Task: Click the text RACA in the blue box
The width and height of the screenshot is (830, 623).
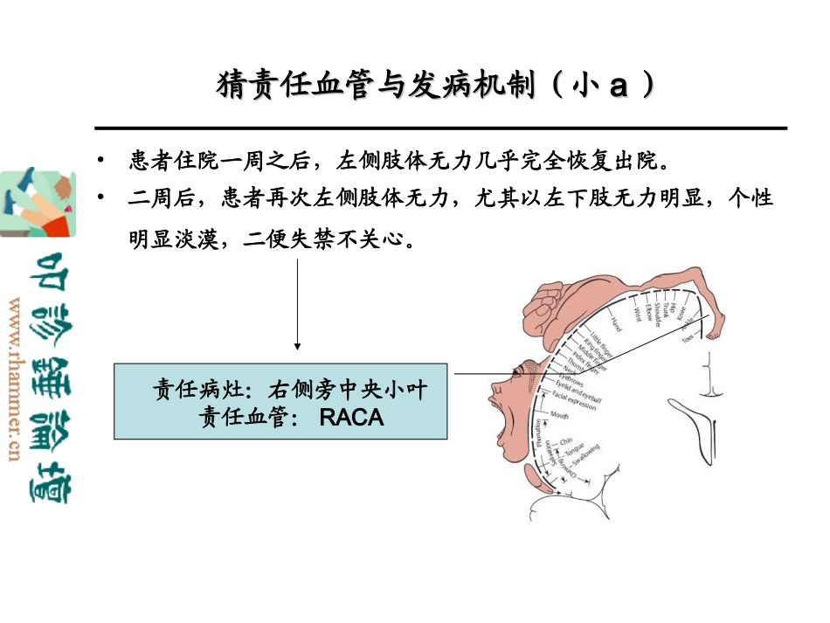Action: click(x=351, y=417)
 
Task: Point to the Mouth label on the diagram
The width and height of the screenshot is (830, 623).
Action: click(x=560, y=416)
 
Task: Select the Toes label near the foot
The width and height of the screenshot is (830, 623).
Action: click(x=689, y=343)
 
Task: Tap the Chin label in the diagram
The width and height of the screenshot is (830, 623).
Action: click(x=565, y=441)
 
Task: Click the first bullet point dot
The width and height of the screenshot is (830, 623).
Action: click(x=101, y=162)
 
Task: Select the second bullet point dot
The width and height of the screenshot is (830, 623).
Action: click(x=101, y=198)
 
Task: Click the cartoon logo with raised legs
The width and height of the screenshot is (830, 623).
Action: click(x=38, y=203)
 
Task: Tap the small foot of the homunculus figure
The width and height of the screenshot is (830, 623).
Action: click(x=711, y=329)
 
